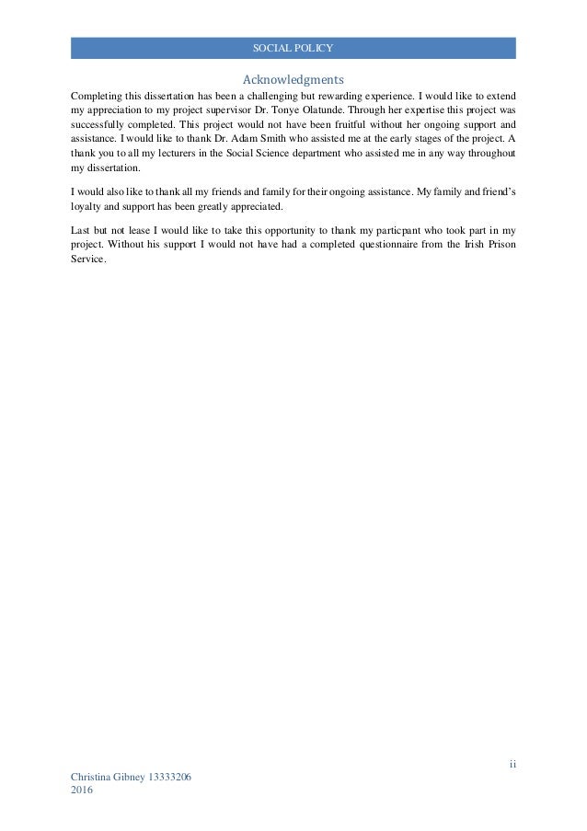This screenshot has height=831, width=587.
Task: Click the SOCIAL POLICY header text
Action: coord(293,48)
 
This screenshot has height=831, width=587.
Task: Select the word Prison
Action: coord(498,243)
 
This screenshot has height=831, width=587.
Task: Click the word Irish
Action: coord(465,243)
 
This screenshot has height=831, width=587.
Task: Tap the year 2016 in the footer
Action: coord(82,792)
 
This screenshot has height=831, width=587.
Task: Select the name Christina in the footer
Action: coord(93,779)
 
